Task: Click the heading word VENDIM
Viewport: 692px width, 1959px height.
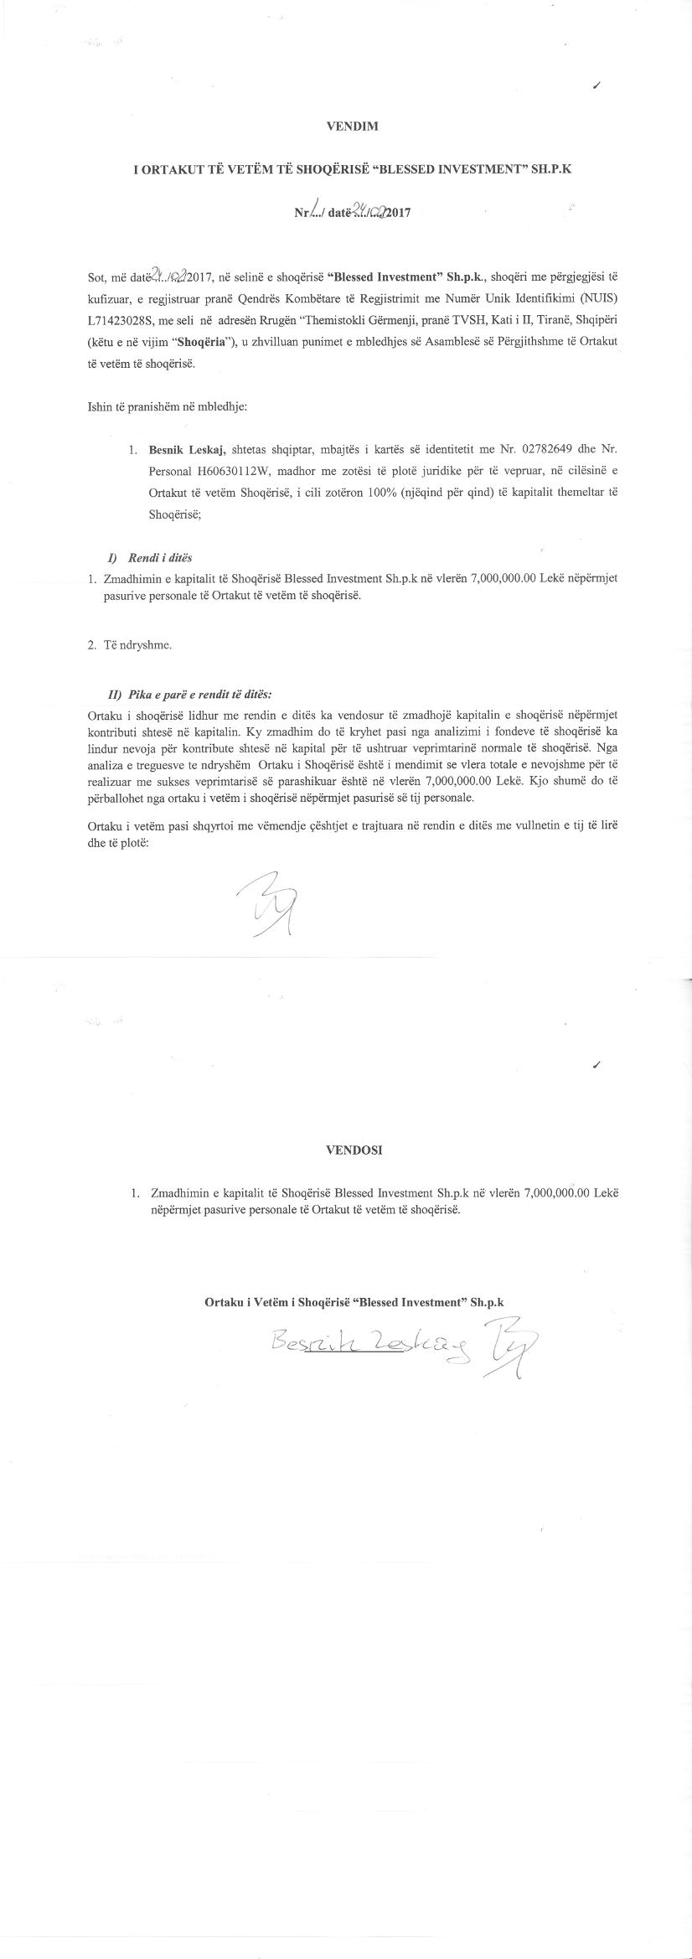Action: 352,127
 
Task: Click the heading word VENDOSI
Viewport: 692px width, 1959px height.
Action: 354,1150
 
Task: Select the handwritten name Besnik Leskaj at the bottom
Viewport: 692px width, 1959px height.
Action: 373,1346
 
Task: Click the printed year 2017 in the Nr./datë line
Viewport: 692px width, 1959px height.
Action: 399,214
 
